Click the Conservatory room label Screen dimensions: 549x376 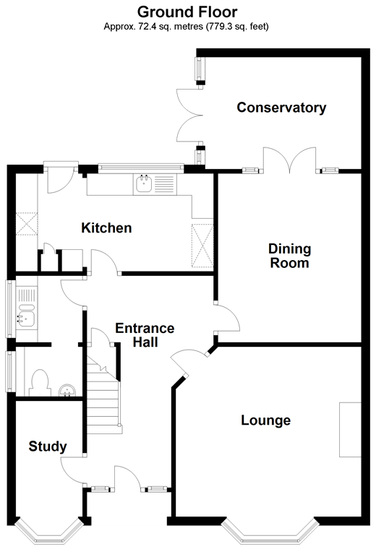pyautogui.click(x=281, y=108)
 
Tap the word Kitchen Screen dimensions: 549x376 pyautogui.click(x=106, y=228)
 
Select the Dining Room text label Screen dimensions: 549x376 pyautogui.click(x=289, y=256)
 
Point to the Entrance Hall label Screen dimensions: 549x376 pyautogui.click(x=145, y=335)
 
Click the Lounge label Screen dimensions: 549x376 pyautogui.click(x=265, y=420)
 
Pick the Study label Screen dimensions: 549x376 pyautogui.click(x=48, y=446)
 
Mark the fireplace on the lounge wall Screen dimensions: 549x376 pyautogui.click(x=350, y=430)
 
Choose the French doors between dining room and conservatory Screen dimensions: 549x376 pyautogui.click(x=289, y=160)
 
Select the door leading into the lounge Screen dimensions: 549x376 pyautogui.click(x=186, y=362)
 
